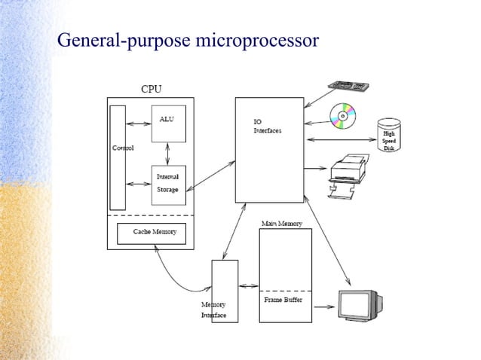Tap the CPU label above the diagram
tap(151, 90)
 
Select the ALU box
tap(167, 124)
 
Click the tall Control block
tap(118, 157)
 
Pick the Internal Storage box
tap(167, 185)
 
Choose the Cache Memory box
tap(155, 233)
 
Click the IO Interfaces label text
tap(267, 126)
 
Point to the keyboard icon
tap(348, 87)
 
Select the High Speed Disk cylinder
tap(388, 136)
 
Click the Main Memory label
tap(281, 224)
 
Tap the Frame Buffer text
tap(283, 300)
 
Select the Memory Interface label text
tap(213, 310)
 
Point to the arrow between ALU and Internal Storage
tap(167, 154)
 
